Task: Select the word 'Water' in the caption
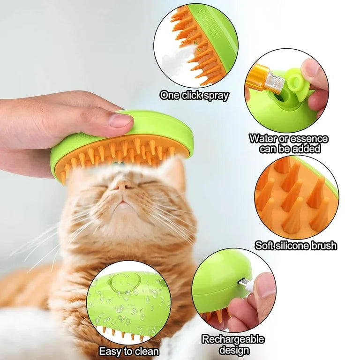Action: coord(263,139)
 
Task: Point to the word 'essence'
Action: coord(309,139)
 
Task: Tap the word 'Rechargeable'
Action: coord(233,339)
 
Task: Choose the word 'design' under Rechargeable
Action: coord(233,350)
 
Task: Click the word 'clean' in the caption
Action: coord(144,352)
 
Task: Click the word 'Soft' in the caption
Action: coord(265,246)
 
